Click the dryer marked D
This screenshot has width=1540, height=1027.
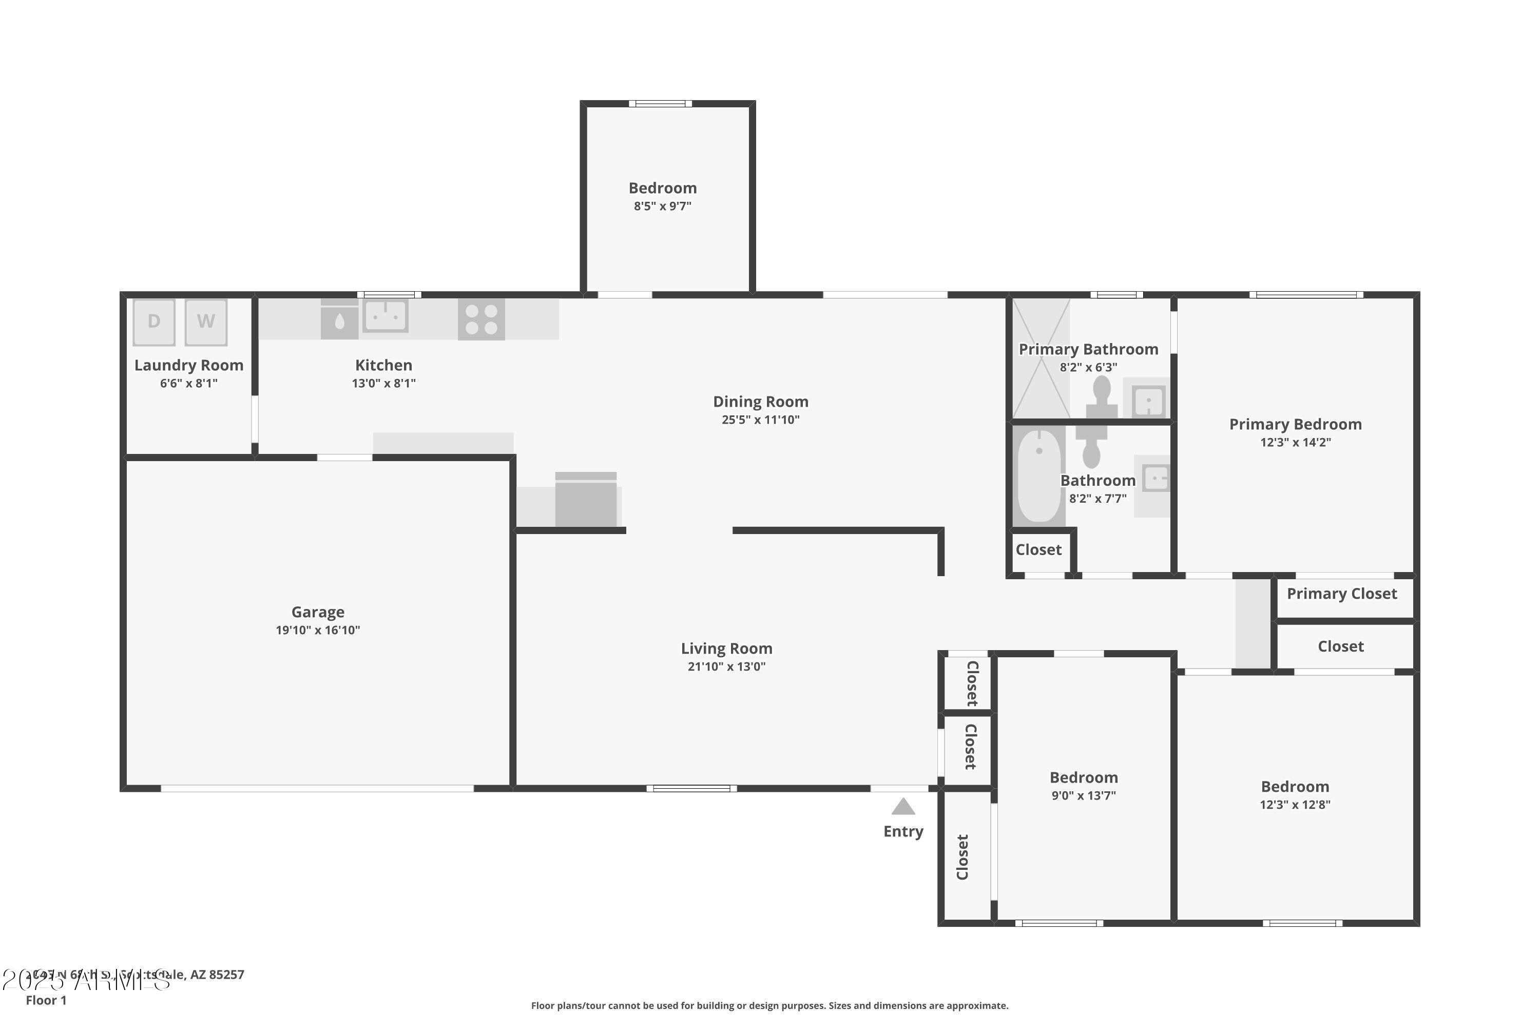(x=154, y=321)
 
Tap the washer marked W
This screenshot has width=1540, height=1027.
(x=206, y=321)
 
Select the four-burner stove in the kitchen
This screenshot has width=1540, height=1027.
(x=482, y=319)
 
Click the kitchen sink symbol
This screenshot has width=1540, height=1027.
(x=385, y=316)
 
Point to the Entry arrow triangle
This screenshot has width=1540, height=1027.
(x=903, y=806)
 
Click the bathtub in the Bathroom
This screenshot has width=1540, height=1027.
(x=1039, y=476)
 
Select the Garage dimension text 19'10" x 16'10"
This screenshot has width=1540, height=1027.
(x=318, y=630)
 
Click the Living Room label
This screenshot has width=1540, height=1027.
(x=726, y=649)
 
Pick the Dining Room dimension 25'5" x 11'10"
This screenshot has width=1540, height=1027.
(x=760, y=420)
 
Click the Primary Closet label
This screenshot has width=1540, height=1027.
(x=1342, y=594)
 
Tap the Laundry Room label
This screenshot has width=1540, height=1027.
(x=188, y=366)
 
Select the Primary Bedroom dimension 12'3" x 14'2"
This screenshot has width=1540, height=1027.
(x=1295, y=442)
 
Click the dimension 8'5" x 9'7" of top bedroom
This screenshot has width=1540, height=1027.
(x=662, y=206)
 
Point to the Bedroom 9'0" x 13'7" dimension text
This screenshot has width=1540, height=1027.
(x=1084, y=796)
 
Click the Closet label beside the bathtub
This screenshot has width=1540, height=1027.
(x=1038, y=550)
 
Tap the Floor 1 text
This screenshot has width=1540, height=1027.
(x=46, y=1000)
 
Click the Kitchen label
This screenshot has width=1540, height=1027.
(x=383, y=366)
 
